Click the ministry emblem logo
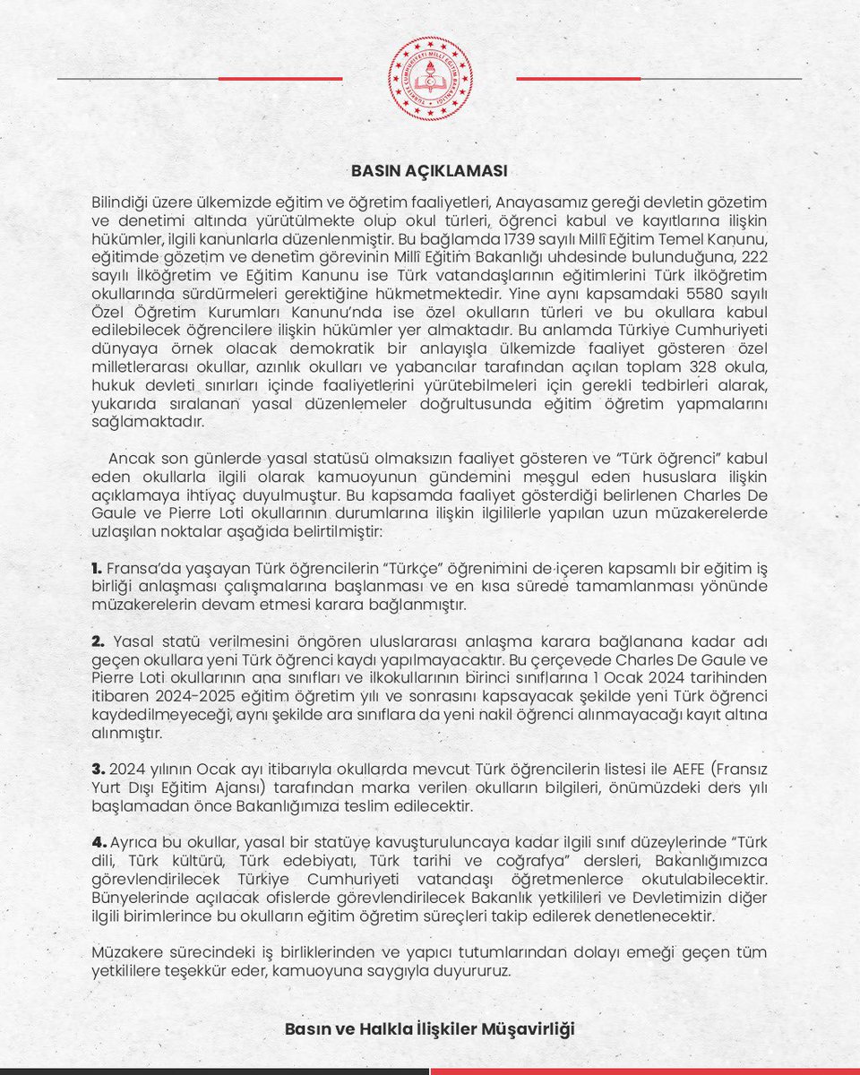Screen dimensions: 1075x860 click(x=430, y=79)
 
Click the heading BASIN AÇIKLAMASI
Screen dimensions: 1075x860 click(x=430, y=170)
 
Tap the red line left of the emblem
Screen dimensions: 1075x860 click(x=280, y=79)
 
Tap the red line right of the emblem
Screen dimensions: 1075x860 click(x=579, y=79)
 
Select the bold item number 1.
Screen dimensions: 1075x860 click(x=97, y=568)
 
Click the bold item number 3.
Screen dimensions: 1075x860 click(x=99, y=770)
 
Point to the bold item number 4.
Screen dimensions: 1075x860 click(x=99, y=842)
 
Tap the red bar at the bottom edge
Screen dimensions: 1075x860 click(x=645, y=1071)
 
